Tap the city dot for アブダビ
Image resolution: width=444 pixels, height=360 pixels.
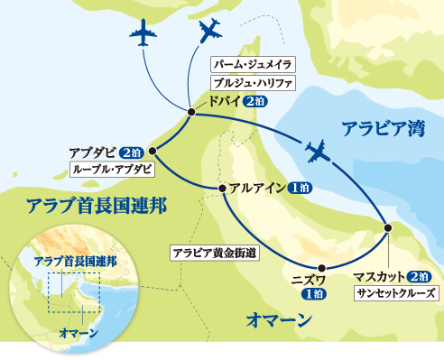click(152, 151)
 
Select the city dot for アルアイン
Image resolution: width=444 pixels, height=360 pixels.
click(222, 188)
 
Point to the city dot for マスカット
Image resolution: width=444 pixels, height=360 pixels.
click(388, 226)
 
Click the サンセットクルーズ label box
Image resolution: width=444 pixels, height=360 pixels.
click(394, 292)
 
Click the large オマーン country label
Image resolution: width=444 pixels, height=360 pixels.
click(278, 318)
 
